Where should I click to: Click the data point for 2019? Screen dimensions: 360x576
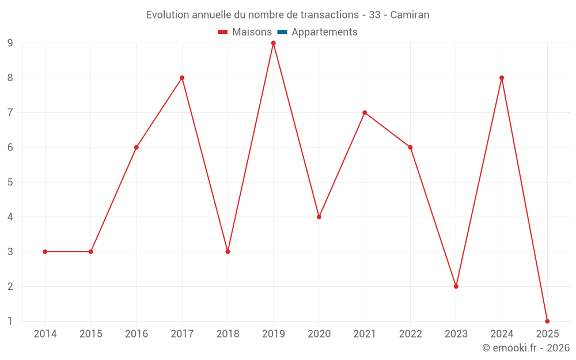pos(273,43)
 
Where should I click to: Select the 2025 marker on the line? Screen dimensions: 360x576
pos(547,321)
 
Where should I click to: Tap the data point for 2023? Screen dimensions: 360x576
pos(456,286)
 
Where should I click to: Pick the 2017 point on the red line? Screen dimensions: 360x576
pos(182,78)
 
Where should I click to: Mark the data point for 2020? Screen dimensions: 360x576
pos(319,217)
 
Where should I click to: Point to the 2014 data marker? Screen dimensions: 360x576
pos(45,252)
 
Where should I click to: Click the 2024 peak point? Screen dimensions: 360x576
pos(502,78)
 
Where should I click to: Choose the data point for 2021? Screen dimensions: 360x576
pos(365,112)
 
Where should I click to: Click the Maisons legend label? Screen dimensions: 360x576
pos(252,32)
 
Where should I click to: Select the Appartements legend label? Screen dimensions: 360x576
pos(324,32)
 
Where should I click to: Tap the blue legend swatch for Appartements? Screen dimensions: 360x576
pos(282,32)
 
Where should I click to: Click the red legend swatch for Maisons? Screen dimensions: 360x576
pos(223,32)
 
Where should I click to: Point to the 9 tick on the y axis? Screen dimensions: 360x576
pos(10,43)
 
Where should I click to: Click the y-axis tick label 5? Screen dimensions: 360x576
pos(10,182)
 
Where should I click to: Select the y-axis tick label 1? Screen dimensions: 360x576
pos(10,321)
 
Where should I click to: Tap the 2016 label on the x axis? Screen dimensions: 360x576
pos(137,334)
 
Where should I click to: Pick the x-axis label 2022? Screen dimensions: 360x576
pos(410,334)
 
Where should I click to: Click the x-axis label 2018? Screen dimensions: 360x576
pos(228,334)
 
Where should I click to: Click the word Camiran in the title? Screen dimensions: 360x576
pos(410,15)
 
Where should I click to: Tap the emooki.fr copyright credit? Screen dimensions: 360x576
pos(526,348)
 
